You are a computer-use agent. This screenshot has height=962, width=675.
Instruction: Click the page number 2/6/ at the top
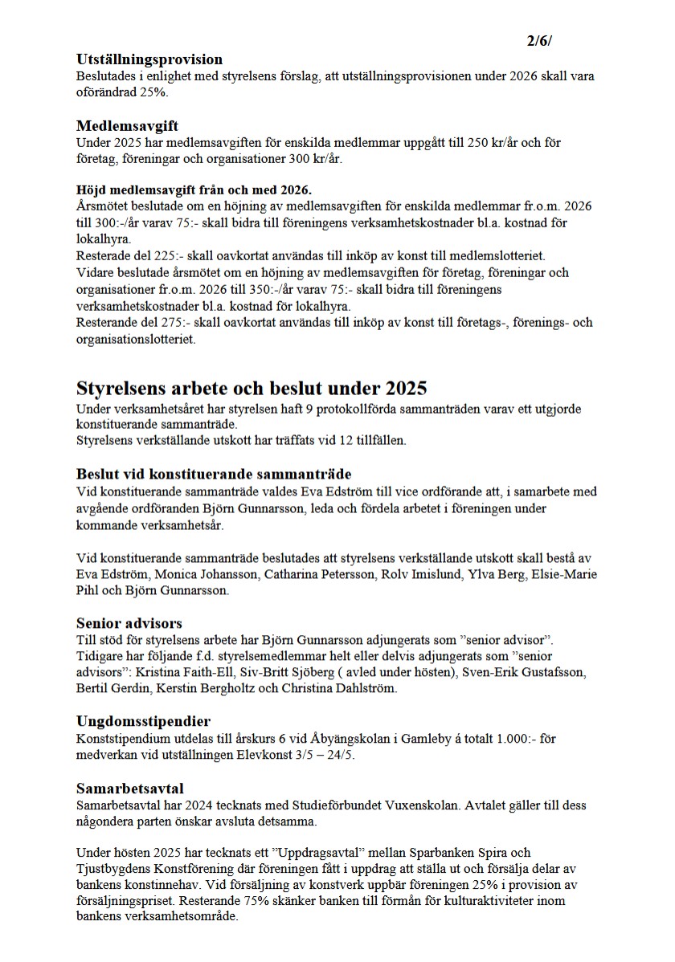540,41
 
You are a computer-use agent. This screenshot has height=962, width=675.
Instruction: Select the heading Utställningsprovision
149,59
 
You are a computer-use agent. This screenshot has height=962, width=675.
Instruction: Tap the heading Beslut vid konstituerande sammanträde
214,474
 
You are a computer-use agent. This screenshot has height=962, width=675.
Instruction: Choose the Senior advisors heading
129,622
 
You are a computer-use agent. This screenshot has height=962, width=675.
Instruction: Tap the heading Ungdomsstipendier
143,721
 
